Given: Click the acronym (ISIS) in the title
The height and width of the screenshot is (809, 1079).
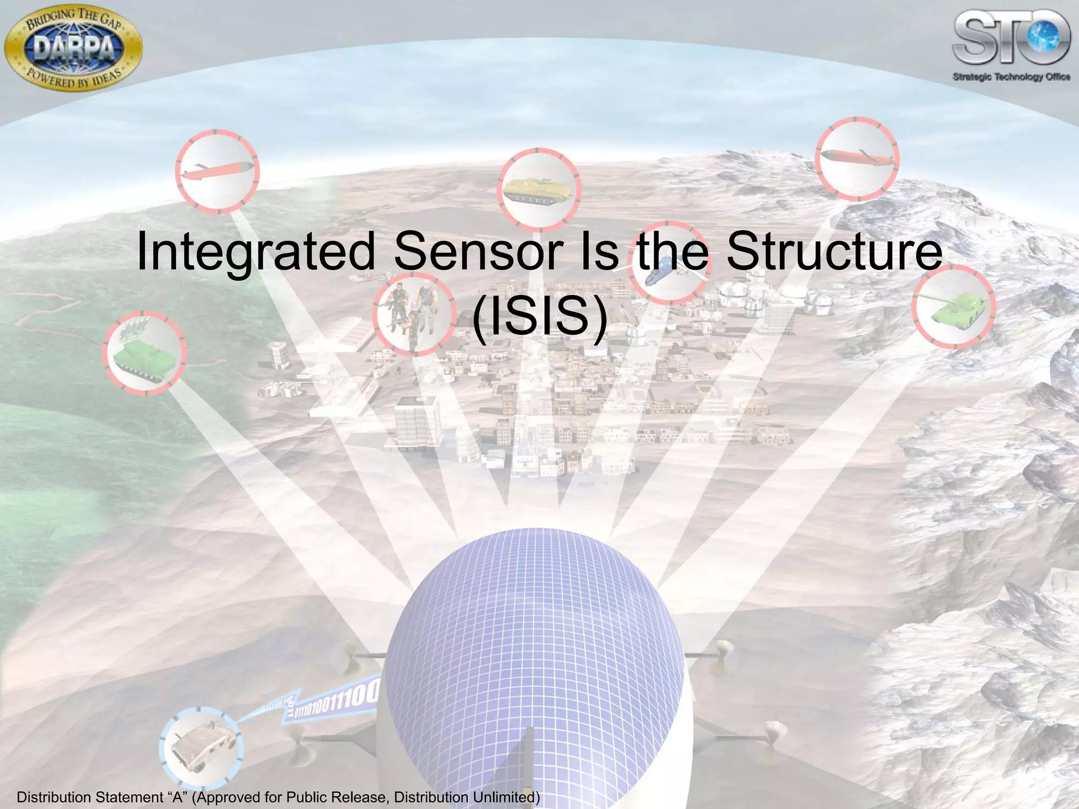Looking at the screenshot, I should pyautogui.click(x=539, y=317).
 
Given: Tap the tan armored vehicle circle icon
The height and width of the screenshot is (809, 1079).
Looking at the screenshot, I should pyautogui.click(x=538, y=190).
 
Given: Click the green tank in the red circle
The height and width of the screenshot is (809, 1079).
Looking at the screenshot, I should pyautogui.click(x=953, y=307).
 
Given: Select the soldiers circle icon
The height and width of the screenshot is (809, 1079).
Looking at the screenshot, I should pyautogui.click(x=414, y=314).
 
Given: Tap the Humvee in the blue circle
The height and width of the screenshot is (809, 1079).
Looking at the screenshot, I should pyautogui.click(x=201, y=748).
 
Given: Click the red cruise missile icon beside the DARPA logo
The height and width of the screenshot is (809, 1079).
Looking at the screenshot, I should pyautogui.click(x=217, y=171).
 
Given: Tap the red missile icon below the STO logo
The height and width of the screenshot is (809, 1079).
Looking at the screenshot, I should pyautogui.click(x=857, y=158).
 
